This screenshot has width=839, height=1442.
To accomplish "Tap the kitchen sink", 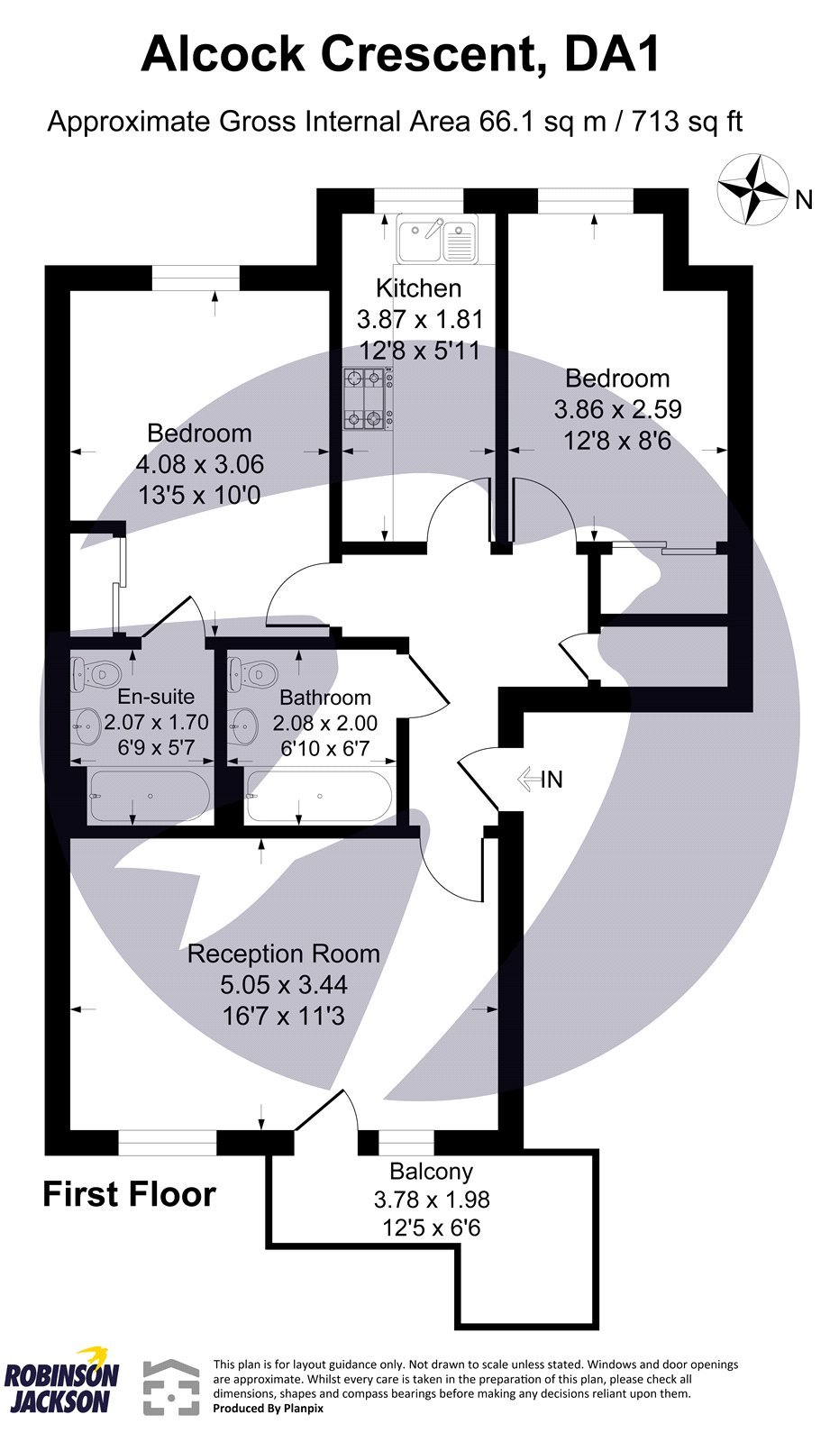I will click(x=438, y=240).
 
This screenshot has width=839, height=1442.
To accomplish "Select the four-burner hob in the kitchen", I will click(x=368, y=397).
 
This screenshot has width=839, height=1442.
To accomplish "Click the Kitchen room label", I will click(x=418, y=288).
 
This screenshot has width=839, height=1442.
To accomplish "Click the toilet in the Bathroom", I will click(x=253, y=671).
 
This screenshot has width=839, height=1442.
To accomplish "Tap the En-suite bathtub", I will click(x=149, y=797).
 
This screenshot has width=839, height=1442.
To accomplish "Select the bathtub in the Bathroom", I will click(x=319, y=797).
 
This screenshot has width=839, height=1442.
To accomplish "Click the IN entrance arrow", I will click(x=540, y=780).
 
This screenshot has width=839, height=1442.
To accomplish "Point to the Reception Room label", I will click(x=283, y=954).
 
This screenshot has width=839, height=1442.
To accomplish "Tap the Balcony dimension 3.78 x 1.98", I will click(x=431, y=1200).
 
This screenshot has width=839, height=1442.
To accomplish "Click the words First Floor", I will click(x=129, y=1194).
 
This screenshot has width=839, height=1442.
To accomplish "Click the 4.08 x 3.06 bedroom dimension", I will click(x=199, y=464).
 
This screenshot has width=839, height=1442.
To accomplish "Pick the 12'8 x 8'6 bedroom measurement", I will click(x=617, y=441).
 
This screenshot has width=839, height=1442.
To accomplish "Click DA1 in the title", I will click(x=612, y=54).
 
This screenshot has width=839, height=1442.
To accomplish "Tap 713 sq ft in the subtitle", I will click(x=687, y=122).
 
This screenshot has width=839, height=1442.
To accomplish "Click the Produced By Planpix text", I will click(x=268, y=1408).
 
